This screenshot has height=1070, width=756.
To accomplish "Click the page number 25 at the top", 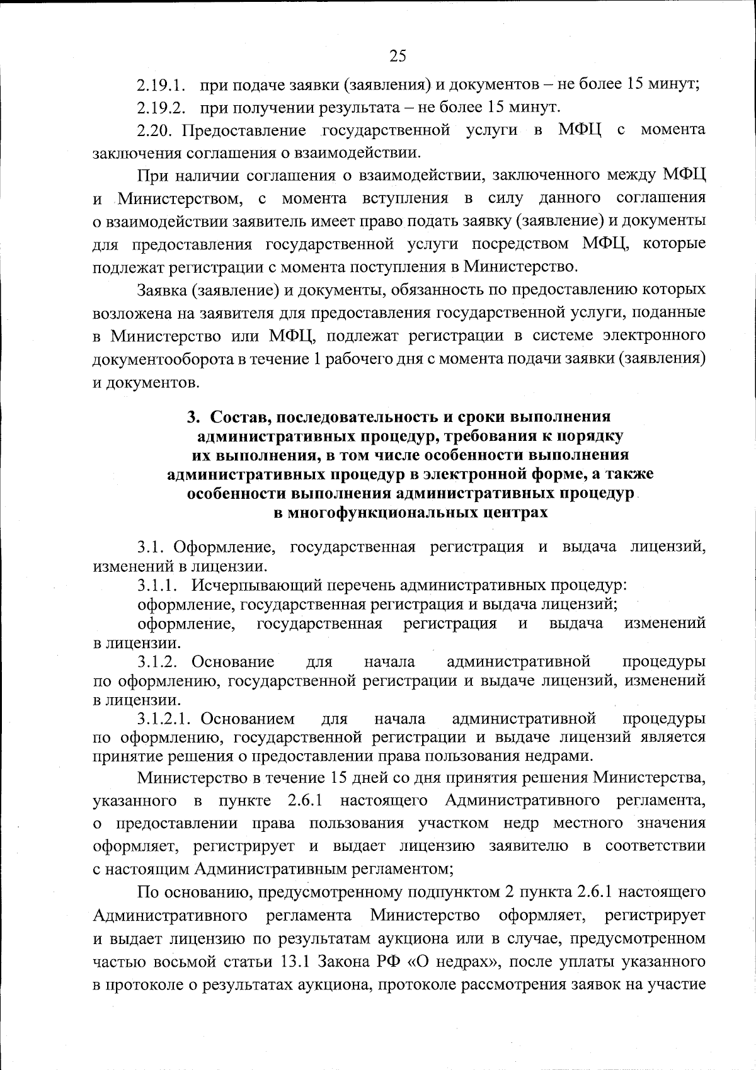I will pyautogui.click(x=398, y=57).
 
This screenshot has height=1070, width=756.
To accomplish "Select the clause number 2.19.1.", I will pyautogui.click(x=161, y=84).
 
